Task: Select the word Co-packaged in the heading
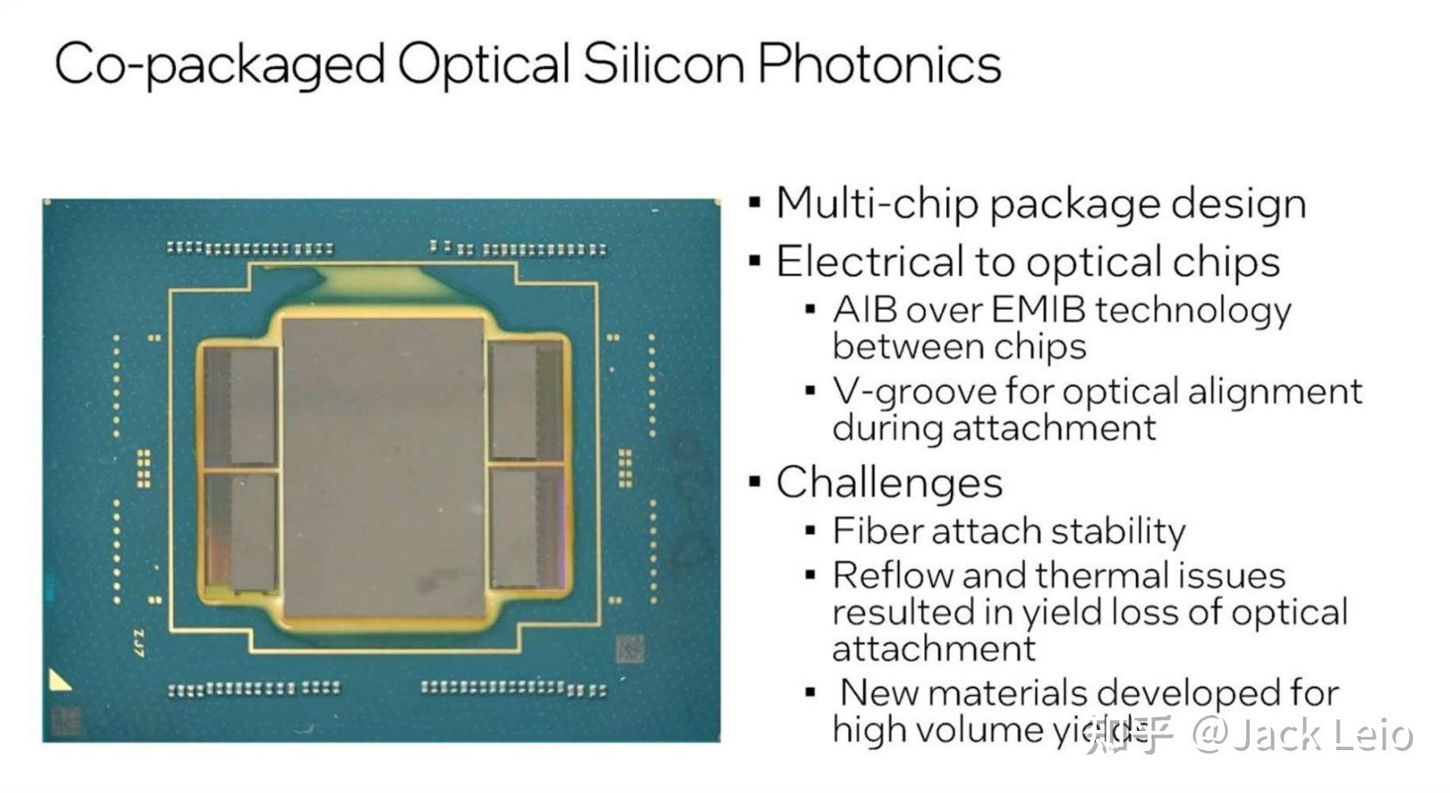(x=220, y=65)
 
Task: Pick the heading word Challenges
(x=889, y=482)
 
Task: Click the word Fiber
(x=870, y=530)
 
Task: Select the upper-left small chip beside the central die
(x=241, y=404)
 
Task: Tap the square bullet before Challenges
(x=755, y=482)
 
